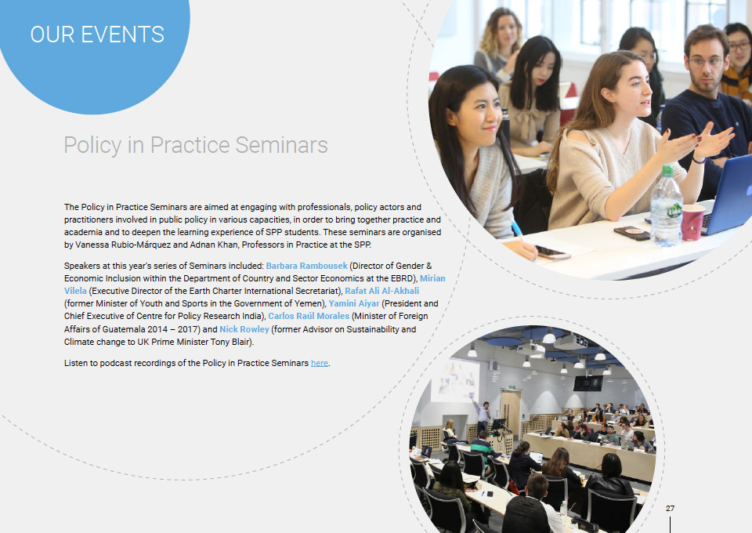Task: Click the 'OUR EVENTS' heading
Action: coord(97,34)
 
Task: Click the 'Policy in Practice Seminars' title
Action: coord(196,145)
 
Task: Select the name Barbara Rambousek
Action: coord(306,266)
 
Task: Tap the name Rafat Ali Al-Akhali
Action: coord(381,291)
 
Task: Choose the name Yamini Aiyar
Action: coord(354,303)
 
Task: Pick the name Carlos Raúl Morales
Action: coord(309,316)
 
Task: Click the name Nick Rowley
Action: coord(244,329)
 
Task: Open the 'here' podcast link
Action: coord(320,363)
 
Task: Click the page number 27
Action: coord(670,508)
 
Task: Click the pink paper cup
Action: coord(692,223)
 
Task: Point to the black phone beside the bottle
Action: coord(631,233)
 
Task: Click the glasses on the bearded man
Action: coord(706,62)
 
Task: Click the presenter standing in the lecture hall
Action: coord(483,416)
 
